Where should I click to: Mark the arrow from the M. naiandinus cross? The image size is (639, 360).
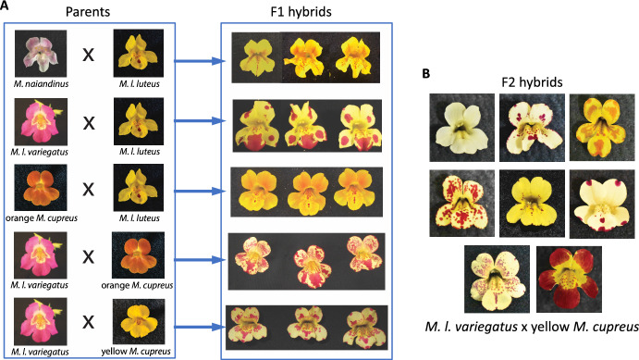pos(197,61)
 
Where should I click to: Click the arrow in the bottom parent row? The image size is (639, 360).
pos(197,323)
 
